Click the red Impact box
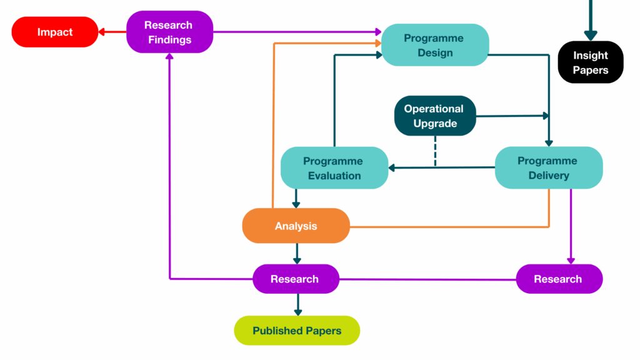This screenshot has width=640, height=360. [x=55, y=32]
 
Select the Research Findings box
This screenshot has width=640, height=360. [x=169, y=32]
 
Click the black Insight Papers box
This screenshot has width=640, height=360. [x=590, y=62]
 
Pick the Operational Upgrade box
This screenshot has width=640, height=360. [x=434, y=116]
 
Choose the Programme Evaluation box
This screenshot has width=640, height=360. [x=334, y=168]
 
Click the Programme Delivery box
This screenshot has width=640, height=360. [x=548, y=168]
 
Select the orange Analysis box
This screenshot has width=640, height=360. [x=296, y=226]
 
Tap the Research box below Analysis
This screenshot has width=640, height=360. [x=295, y=279]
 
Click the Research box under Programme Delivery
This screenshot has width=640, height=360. [x=559, y=279]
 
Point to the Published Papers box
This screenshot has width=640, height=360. [x=297, y=331]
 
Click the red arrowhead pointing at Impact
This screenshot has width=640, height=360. [x=103, y=32]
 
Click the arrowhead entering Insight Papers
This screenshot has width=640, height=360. [x=591, y=36]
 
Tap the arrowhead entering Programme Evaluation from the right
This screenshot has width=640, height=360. [x=392, y=167]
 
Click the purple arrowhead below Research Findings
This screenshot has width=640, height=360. [x=169, y=57]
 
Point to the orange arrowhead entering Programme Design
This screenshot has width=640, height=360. [x=378, y=43]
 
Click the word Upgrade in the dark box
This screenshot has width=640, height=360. [x=435, y=124]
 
